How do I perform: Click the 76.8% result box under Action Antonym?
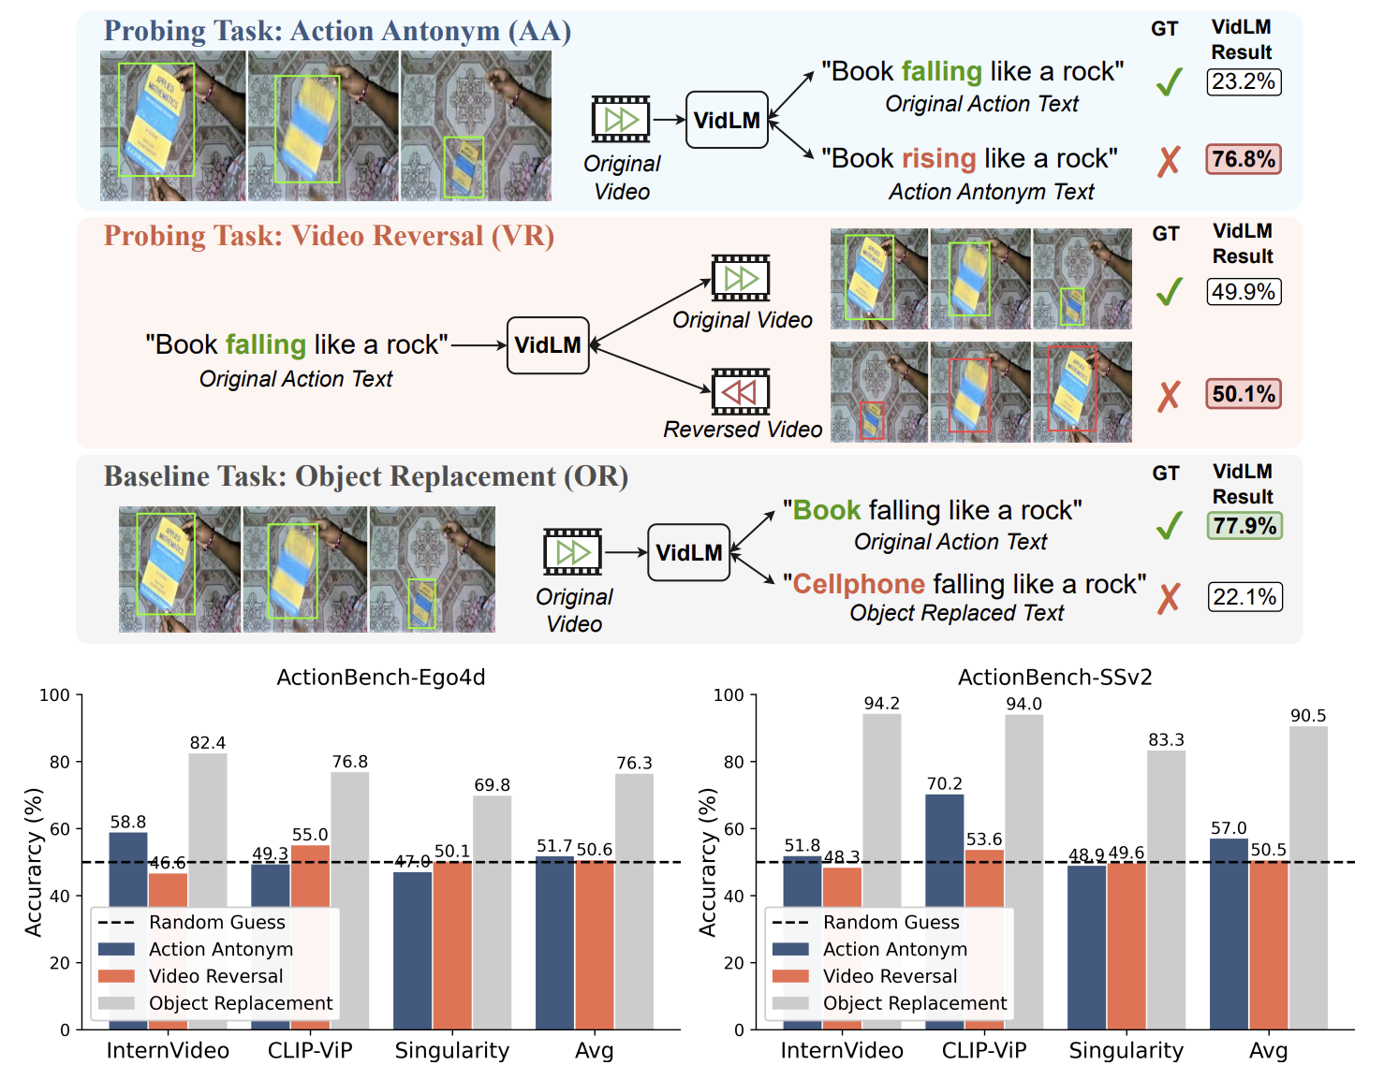click(x=1243, y=159)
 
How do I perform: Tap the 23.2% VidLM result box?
click(x=1243, y=82)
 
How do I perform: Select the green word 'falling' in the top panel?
click(x=941, y=72)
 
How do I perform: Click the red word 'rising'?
click(x=938, y=158)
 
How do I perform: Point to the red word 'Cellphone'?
click(x=858, y=584)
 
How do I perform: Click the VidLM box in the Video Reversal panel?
click(x=548, y=345)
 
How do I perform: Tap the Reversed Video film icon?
click(x=740, y=391)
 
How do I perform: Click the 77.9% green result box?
click(x=1244, y=526)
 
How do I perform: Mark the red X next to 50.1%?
click(x=1168, y=396)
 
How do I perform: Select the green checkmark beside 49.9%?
click(x=1169, y=292)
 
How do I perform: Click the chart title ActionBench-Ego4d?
click(x=380, y=678)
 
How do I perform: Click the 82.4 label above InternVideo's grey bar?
click(x=207, y=743)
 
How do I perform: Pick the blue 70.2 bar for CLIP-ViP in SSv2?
click(x=944, y=912)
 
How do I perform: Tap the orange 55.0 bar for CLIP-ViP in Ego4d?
click(x=310, y=936)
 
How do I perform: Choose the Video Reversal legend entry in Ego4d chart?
click(x=215, y=976)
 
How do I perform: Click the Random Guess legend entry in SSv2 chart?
click(x=891, y=923)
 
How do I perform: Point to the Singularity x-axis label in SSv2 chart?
click(x=1126, y=1051)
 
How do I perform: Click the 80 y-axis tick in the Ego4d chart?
click(x=60, y=763)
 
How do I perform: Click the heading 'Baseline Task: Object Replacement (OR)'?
click(x=365, y=476)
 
